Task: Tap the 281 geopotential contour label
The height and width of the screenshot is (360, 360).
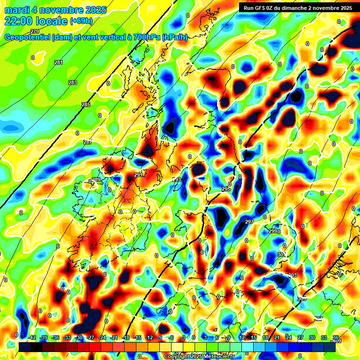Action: click(x=58, y=62)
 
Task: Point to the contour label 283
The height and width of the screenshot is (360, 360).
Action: click(x=72, y=82)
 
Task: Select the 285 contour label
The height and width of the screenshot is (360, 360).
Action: click(x=86, y=105)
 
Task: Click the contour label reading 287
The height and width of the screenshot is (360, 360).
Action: click(x=88, y=142)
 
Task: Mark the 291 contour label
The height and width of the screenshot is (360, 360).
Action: click(x=138, y=175)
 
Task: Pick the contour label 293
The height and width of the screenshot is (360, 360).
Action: click(x=176, y=180)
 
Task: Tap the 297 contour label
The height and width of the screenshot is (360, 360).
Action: click(x=249, y=221)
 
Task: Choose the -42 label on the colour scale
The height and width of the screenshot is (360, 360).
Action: click(x=32, y=337)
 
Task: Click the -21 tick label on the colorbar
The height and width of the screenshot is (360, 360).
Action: click(x=114, y=337)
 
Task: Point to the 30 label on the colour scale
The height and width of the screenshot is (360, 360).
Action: click(x=312, y=337)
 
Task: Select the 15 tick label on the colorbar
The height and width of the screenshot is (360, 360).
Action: click(x=254, y=337)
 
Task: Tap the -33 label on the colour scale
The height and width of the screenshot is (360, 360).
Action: click(x=67, y=337)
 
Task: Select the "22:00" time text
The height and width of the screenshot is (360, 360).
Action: click(x=18, y=21)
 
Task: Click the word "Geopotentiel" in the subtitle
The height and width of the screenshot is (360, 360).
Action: click(x=27, y=37)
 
